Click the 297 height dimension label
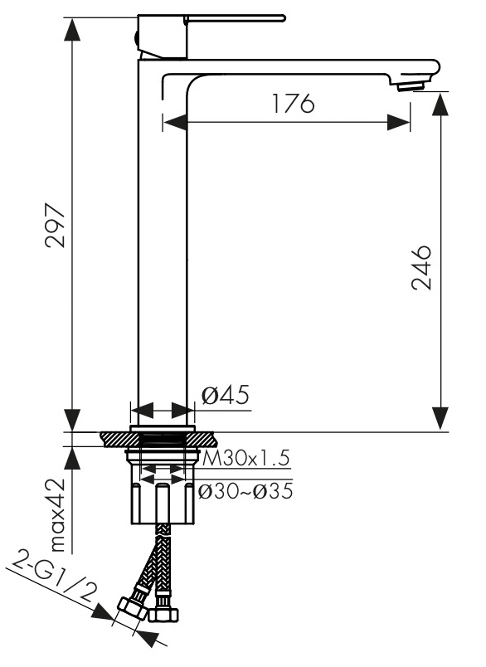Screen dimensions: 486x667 (56, 226)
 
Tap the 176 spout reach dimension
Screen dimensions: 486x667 (294, 103)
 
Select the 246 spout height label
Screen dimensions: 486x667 (421, 268)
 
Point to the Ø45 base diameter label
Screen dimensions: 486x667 (225, 396)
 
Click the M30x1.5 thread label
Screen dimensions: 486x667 (245, 459)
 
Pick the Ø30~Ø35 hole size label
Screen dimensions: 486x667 (245, 491)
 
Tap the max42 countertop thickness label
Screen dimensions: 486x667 (56, 515)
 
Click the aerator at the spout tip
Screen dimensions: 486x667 (411, 86)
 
